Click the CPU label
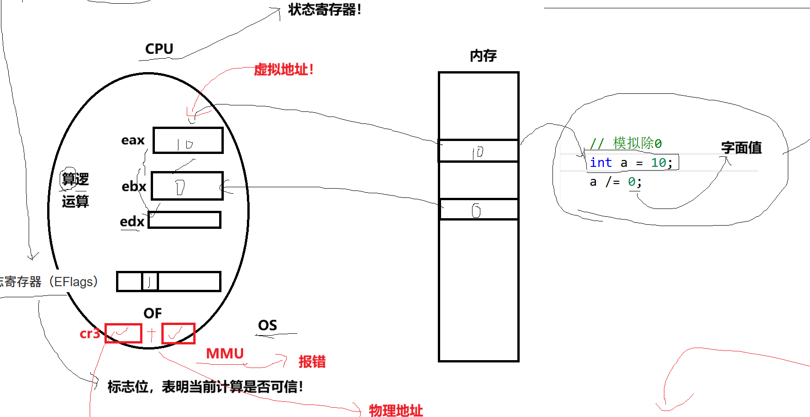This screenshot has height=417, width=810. click(x=159, y=49)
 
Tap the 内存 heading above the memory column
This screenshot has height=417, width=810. click(x=483, y=56)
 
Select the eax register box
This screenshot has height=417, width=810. click(x=188, y=140)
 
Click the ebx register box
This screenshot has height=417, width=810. click(x=187, y=186)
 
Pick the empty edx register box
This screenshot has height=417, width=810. click(x=184, y=220)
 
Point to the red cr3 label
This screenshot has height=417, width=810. click(x=90, y=333)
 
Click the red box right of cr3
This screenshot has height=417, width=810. click(x=123, y=333)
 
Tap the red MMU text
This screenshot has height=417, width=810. click(x=225, y=354)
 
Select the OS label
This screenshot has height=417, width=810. click(x=267, y=325)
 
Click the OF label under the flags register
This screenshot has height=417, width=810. click(x=153, y=313)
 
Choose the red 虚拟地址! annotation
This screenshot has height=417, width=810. click(x=284, y=70)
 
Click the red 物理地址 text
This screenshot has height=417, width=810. click(x=396, y=411)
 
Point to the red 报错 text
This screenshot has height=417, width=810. click(x=312, y=362)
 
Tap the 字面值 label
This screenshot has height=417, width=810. click(x=741, y=148)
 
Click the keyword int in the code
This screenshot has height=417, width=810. click(x=601, y=163)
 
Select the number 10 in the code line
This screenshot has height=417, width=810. click(x=658, y=163)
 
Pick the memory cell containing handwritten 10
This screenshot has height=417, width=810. click(x=479, y=151)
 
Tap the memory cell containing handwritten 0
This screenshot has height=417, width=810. click(x=479, y=209)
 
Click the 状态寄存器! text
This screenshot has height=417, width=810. click(x=325, y=10)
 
